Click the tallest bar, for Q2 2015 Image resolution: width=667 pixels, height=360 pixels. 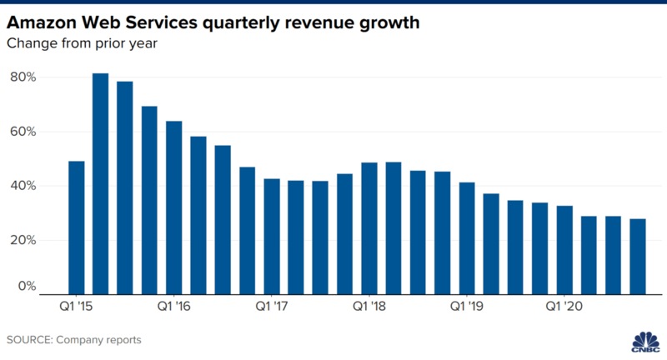pyautogui.click(x=100, y=183)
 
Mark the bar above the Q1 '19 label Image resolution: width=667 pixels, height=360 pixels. pyautogui.click(x=466, y=237)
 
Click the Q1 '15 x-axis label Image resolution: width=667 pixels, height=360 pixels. pyautogui.click(x=76, y=306)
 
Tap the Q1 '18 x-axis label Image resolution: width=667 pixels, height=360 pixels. pyautogui.click(x=369, y=306)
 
